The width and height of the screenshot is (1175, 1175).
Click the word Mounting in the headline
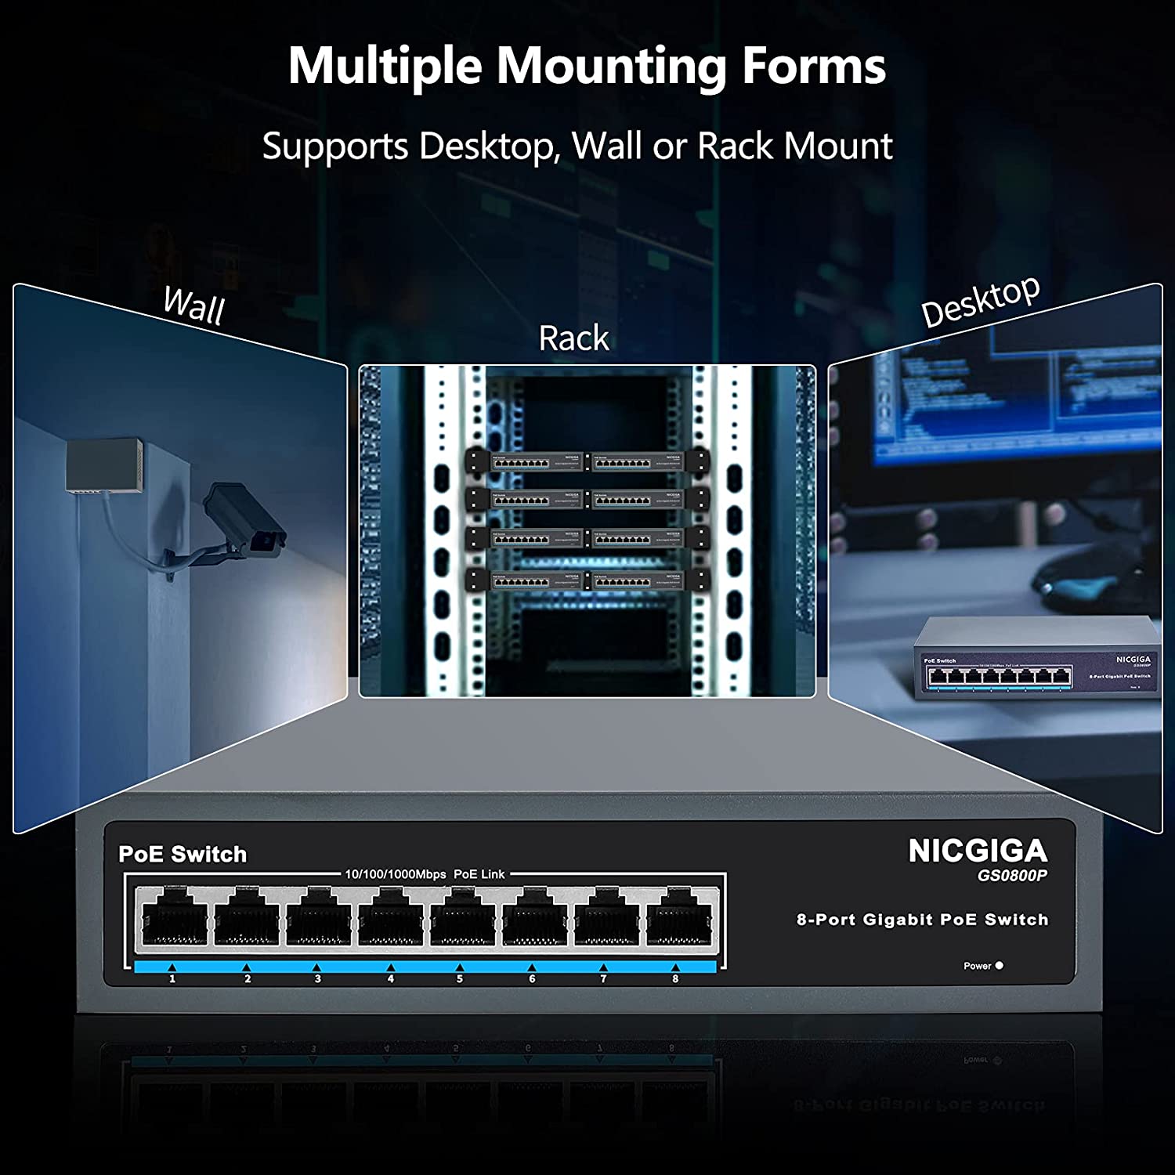pos(611,67)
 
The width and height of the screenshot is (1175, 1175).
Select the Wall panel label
pos(193,305)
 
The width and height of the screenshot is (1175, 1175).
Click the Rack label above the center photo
pos(573,338)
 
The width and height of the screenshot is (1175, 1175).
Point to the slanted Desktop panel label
pos(980,302)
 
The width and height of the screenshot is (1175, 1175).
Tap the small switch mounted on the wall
pos(103,466)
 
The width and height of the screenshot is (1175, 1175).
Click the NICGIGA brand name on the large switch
pos(977,851)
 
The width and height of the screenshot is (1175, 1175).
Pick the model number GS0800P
pos(1011,876)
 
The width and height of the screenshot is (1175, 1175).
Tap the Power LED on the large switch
pos(999,965)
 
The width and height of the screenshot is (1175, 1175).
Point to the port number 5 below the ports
pos(460,978)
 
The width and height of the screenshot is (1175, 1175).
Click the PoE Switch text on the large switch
pos(183,854)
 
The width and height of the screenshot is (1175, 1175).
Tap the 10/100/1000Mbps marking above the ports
pos(396,874)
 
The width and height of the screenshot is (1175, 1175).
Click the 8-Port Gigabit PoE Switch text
pos(922,920)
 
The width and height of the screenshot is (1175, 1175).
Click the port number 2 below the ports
pos(248,978)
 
